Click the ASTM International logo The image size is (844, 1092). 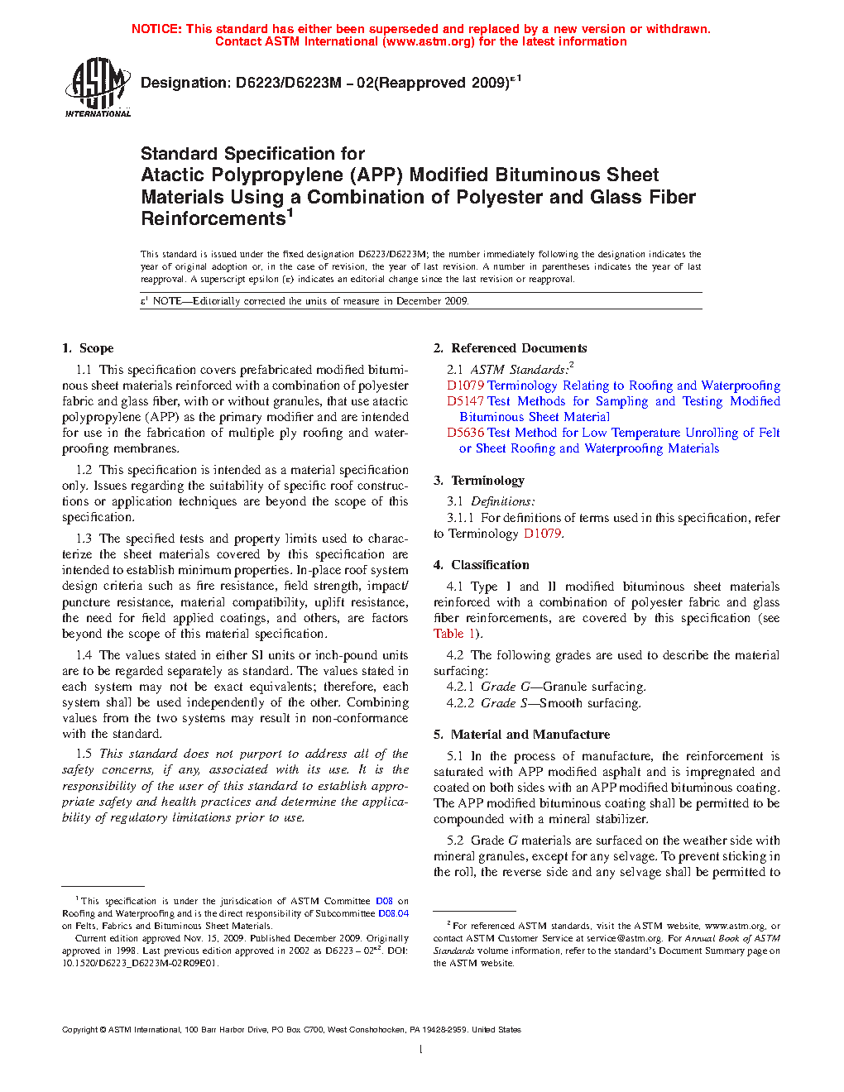point(98,86)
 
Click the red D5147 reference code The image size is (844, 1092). point(465,401)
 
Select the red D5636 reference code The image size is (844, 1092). point(465,433)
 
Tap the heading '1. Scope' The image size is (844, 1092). point(88,348)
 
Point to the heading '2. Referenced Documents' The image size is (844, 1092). point(510,348)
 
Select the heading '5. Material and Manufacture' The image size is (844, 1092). point(521,735)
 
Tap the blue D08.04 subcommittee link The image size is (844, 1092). point(393,913)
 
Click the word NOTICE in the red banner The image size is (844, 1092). point(156,29)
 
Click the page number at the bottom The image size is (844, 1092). point(421,1050)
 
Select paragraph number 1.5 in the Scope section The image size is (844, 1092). point(84,754)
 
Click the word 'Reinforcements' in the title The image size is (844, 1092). point(213,219)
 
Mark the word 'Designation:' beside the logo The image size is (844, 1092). point(185,83)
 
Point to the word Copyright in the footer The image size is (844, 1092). point(79,1030)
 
